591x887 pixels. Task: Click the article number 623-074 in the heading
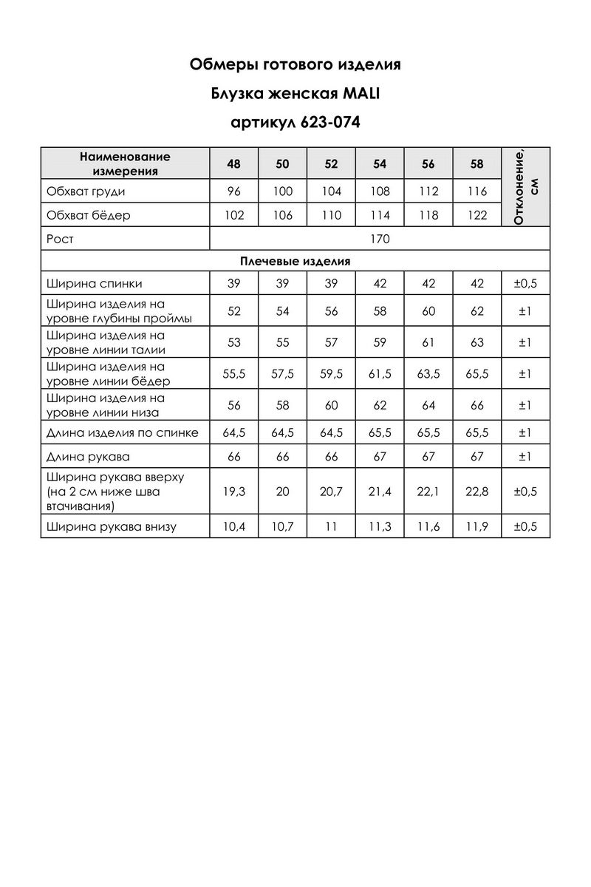pyautogui.click(x=330, y=123)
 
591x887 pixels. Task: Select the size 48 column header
pyautogui.click(x=234, y=164)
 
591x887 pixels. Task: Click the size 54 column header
pyautogui.click(x=380, y=164)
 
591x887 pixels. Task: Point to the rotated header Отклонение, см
pyautogui.click(x=525, y=186)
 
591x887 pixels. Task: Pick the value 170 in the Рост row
pyautogui.click(x=380, y=239)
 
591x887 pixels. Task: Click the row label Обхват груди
pyautogui.click(x=86, y=191)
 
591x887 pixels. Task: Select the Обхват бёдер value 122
pyautogui.click(x=477, y=216)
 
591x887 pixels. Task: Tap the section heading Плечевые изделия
pyautogui.click(x=295, y=262)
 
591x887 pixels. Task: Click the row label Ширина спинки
pyautogui.click(x=94, y=284)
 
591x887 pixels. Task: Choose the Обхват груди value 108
pyautogui.click(x=380, y=191)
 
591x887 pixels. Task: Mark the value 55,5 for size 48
pyautogui.click(x=234, y=374)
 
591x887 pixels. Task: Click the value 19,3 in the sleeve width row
pyautogui.click(x=234, y=492)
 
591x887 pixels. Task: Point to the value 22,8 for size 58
pyautogui.click(x=477, y=492)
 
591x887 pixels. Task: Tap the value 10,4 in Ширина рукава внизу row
pyautogui.click(x=234, y=527)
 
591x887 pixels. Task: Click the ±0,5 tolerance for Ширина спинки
pyautogui.click(x=525, y=284)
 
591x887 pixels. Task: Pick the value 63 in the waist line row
pyautogui.click(x=477, y=343)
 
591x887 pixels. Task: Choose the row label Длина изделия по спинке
pyautogui.click(x=122, y=433)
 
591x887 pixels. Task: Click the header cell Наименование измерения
pyautogui.click(x=125, y=164)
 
